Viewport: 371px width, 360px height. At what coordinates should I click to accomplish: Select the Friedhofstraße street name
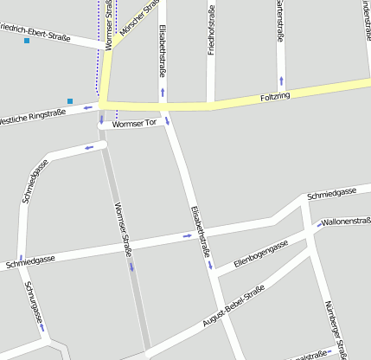pos(211,30)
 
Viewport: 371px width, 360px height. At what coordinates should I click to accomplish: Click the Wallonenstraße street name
pos(345,222)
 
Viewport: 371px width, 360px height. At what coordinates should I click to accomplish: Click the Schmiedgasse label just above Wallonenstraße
pos(335,192)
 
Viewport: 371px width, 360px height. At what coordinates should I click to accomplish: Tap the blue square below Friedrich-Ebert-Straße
pos(27,41)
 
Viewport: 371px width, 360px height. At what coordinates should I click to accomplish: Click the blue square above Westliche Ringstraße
pos(70,100)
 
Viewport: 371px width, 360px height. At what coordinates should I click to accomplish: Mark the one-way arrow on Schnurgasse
pos(42,327)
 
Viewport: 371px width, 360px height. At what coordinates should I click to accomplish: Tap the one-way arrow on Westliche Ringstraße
pos(87,108)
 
